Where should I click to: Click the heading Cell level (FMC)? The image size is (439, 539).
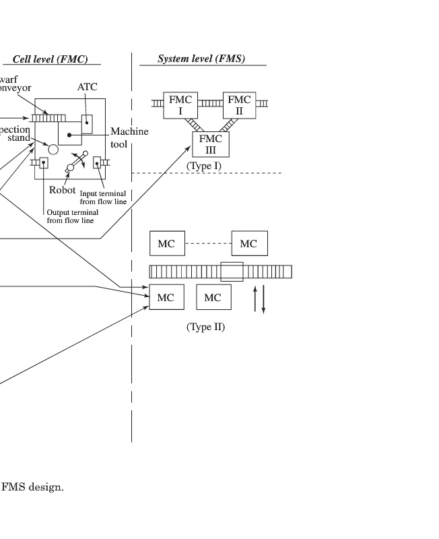(x=50, y=59)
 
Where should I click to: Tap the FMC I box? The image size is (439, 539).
(x=180, y=104)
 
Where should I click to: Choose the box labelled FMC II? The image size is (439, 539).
(x=239, y=104)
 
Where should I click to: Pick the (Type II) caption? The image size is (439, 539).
(x=205, y=327)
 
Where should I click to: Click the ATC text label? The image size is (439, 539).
(x=87, y=87)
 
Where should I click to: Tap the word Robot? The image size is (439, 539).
(x=62, y=190)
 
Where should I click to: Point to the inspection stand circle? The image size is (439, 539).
(x=53, y=149)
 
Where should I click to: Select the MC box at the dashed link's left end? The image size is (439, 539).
(x=166, y=243)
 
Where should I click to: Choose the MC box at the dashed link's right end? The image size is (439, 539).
(x=249, y=243)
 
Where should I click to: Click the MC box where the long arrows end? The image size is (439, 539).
(x=166, y=297)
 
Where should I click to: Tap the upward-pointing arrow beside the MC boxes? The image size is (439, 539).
(x=255, y=300)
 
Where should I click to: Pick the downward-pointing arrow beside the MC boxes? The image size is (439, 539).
(x=264, y=300)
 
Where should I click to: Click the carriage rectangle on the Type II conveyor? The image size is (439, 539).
(x=232, y=272)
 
